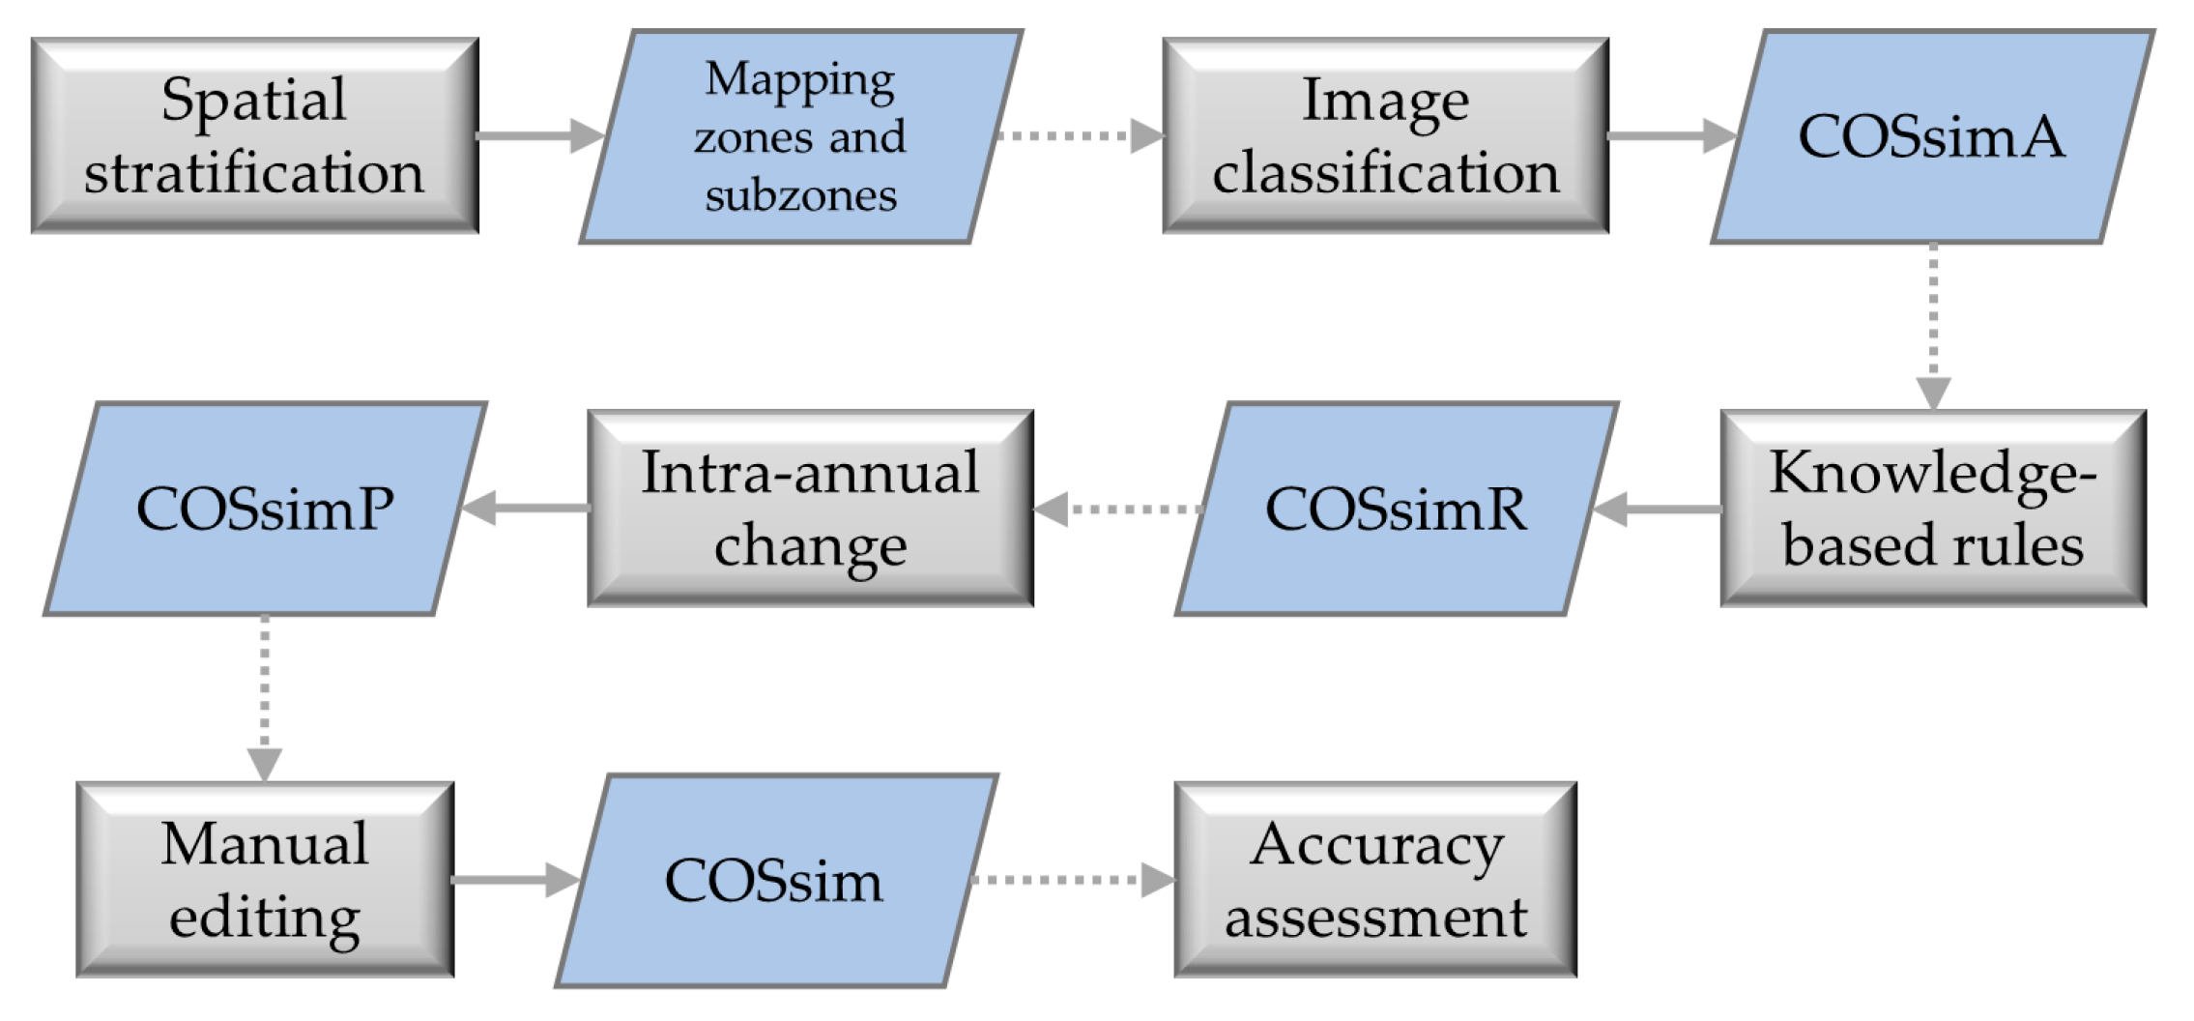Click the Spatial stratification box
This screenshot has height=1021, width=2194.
tap(254, 135)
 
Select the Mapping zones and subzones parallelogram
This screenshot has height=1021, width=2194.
tap(800, 136)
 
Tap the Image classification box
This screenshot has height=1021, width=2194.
tap(1385, 135)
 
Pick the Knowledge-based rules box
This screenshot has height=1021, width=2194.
tap(1932, 509)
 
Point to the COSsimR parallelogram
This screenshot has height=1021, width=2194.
tap(1396, 509)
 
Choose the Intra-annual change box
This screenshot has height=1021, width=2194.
tap(810, 509)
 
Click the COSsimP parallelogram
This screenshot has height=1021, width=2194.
tap(265, 509)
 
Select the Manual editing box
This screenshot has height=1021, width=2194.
tap(265, 880)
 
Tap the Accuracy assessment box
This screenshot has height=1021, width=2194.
tap(1375, 880)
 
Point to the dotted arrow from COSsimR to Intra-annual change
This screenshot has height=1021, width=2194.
tap(1117, 509)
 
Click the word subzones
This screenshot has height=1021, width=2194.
tap(800, 195)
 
